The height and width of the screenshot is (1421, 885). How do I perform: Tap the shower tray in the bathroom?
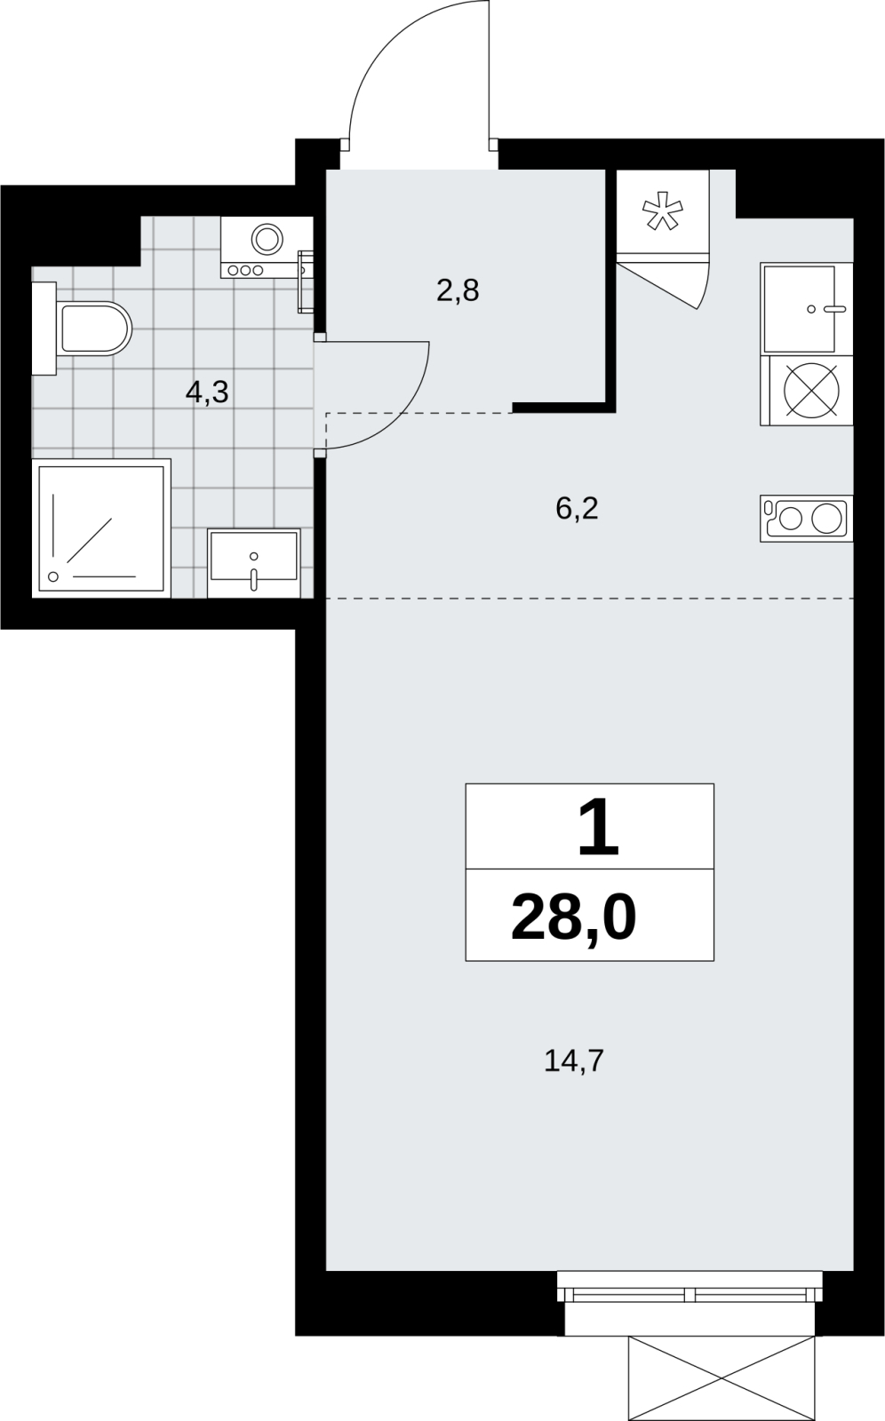(x=101, y=528)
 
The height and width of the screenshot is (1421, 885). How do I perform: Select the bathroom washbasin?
(x=254, y=563)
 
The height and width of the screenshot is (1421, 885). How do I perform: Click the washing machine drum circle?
(x=267, y=239)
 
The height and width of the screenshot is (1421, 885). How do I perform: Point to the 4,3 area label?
(x=207, y=393)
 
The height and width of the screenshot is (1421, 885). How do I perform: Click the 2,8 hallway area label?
(x=458, y=290)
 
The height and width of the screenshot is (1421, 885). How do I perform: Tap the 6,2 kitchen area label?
(x=577, y=508)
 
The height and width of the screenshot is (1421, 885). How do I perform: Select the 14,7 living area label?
(x=574, y=1060)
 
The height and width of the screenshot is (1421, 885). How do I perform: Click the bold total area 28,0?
(x=573, y=917)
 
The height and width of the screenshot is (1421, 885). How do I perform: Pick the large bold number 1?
(x=599, y=826)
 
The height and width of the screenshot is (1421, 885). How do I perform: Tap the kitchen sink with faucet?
(x=806, y=309)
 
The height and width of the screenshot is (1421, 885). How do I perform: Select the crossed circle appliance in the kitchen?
(x=811, y=390)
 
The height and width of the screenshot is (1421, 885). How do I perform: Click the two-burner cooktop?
(x=806, y=519)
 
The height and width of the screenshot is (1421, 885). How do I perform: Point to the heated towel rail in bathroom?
(x=306, y=281)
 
